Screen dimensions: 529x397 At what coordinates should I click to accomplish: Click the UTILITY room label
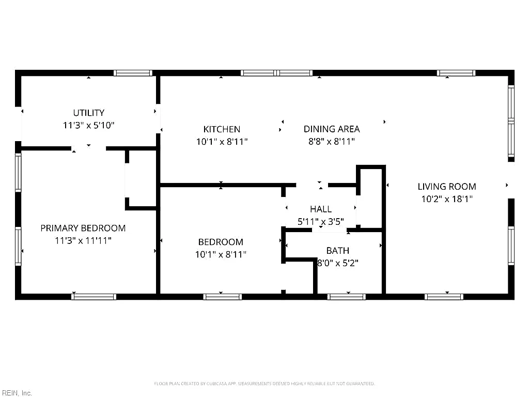point(89,113)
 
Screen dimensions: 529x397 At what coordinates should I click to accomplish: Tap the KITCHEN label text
point(222,129)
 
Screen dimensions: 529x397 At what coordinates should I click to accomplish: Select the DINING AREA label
point(332,129)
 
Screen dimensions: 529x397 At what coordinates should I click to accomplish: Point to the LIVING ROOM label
point(447,186)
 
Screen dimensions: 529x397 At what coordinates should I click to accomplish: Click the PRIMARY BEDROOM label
point(83,228)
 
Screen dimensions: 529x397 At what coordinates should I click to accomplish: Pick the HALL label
point(321,209)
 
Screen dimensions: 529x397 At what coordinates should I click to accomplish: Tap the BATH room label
point(338,251)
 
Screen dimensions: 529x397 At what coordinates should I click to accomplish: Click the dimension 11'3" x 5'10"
point(89,125)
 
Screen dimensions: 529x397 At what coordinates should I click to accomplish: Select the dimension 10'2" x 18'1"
point(447,199)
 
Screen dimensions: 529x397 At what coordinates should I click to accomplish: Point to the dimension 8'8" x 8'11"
point(332,142)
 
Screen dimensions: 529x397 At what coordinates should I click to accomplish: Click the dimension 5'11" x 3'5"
point(321,222)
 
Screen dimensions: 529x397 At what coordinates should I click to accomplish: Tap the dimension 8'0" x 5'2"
point(338,263)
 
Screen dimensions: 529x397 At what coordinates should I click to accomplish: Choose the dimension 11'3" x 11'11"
point(83,241)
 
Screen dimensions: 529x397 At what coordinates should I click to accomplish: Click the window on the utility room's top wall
point(133,73)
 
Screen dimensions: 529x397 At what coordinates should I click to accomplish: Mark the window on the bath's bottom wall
point(347,297)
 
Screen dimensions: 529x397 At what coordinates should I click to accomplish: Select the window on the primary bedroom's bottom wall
point(94,297)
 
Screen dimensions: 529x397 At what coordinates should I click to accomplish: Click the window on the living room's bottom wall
point(444,297)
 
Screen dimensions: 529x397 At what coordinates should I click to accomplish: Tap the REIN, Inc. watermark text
point(16,393)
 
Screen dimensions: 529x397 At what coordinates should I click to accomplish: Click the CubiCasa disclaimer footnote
point(264,384)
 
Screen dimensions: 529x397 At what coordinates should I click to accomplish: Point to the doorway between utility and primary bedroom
point(88,148)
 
